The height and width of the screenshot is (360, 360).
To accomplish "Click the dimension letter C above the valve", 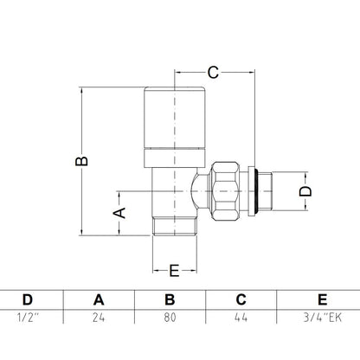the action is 213,73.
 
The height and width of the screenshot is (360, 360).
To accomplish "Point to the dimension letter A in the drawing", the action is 119,213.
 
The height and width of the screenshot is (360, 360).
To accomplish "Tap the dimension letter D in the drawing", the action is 305,191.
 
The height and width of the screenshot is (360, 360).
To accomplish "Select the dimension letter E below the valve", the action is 174,271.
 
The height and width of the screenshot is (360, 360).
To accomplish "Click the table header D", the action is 28,300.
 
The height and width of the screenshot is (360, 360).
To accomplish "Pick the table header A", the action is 99,300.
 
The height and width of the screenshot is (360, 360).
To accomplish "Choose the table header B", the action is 170,300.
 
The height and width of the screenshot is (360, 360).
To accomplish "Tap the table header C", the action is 241,300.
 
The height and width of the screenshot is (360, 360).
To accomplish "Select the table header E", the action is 322,300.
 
